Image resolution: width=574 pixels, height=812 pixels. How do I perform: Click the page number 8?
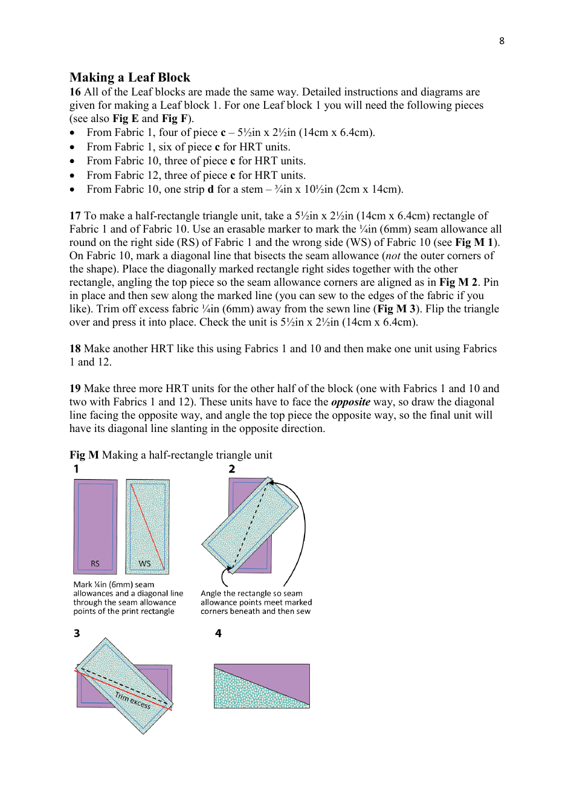[x=501, y=41]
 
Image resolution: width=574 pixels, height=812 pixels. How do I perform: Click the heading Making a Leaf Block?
[x=130, y=77]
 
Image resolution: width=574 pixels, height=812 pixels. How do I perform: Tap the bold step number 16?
[x=75, y=92]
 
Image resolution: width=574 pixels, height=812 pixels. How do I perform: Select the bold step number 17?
[x=75, y=216]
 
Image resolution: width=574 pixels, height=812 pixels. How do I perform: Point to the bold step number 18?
[x=75, y=349]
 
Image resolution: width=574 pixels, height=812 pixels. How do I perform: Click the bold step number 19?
[x=75, y=388]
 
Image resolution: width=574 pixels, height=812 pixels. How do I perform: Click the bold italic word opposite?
[x=350, y=402]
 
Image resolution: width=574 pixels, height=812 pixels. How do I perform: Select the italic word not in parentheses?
[x=393, y=256]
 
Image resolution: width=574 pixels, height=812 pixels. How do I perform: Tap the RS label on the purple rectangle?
[x=95, y=564]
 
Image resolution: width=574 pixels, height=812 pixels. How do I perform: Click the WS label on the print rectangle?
[x=144, y=564]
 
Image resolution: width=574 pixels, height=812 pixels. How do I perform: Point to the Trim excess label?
[x=133, y=700]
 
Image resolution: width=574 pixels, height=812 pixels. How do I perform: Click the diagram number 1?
[x=76, y=469]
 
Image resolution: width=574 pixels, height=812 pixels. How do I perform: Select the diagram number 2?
[x=231, y=469]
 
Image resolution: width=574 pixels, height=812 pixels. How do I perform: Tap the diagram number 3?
[x=77, y=633]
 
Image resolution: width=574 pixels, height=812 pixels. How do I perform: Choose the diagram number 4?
[x=218, y=633]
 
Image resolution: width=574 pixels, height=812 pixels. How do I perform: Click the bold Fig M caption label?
[x=84, y=455]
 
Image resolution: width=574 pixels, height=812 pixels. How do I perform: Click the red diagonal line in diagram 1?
[x=147, y=526]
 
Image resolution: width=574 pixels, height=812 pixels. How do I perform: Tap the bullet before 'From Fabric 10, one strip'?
[x=73, y=190]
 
